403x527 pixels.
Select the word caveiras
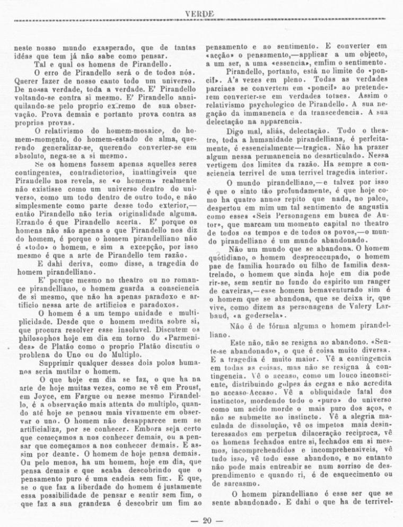223,290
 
